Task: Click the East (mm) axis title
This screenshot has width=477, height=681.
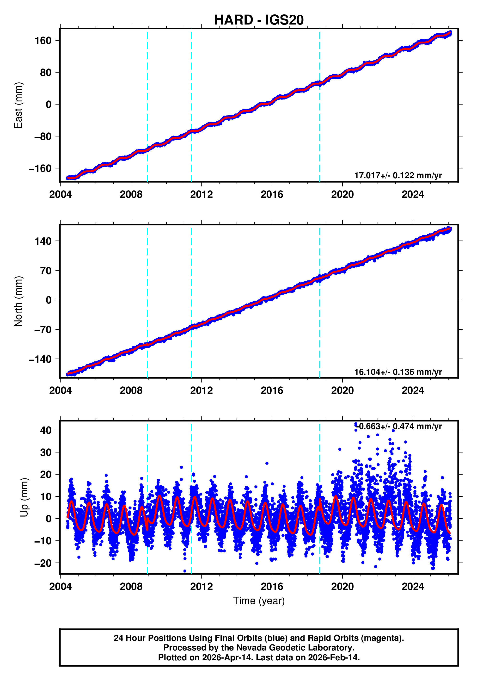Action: point(18,105)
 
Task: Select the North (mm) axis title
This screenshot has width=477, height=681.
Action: point(18,301)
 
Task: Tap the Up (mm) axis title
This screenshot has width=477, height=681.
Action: point(24,497)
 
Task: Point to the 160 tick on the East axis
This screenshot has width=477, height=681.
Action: point(43,41)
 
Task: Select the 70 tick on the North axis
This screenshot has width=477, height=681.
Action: point(46,271)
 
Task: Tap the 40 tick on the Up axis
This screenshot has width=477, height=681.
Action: point(46,430)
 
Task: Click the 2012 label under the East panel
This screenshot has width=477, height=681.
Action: point(201,195)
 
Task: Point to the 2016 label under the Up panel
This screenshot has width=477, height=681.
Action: point(272,587)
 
